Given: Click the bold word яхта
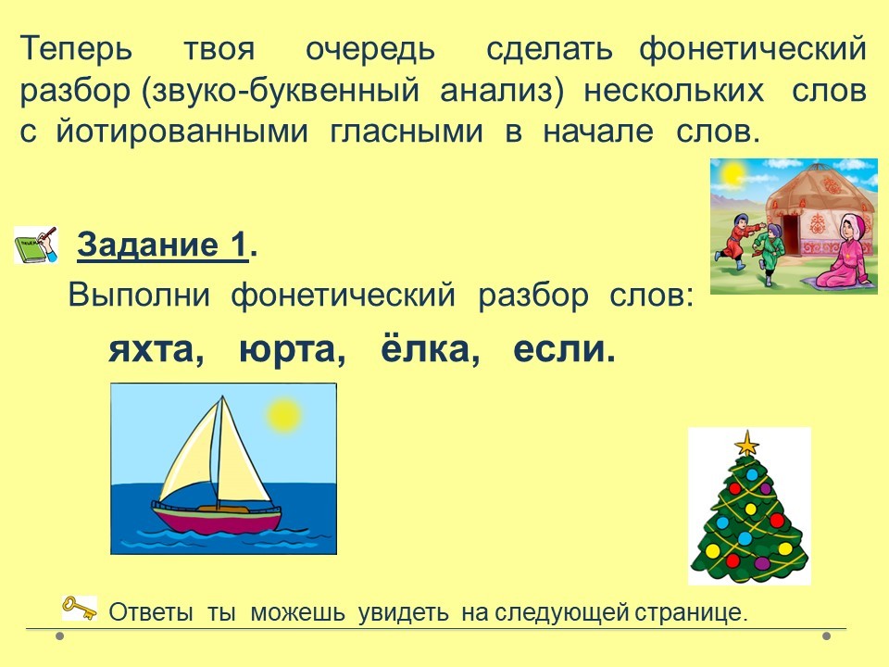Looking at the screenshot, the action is pos(151,350).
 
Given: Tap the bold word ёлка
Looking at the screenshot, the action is pos(425,347).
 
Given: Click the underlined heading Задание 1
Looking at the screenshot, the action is pos(163,245).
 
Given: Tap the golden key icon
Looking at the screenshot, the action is pos(79,608).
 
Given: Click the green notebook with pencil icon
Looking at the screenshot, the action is pos(36,245).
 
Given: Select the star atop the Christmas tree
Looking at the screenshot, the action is pos(747,443).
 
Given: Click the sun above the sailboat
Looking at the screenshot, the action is pos(283,415).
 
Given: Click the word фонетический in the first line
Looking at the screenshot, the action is pos(753,50).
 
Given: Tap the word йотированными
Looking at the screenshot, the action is pos(182,132).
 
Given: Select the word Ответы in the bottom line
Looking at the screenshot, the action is pos(151,612).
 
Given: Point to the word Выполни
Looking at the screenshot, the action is pos(139,295).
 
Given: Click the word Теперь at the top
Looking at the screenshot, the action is pos(77,50).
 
